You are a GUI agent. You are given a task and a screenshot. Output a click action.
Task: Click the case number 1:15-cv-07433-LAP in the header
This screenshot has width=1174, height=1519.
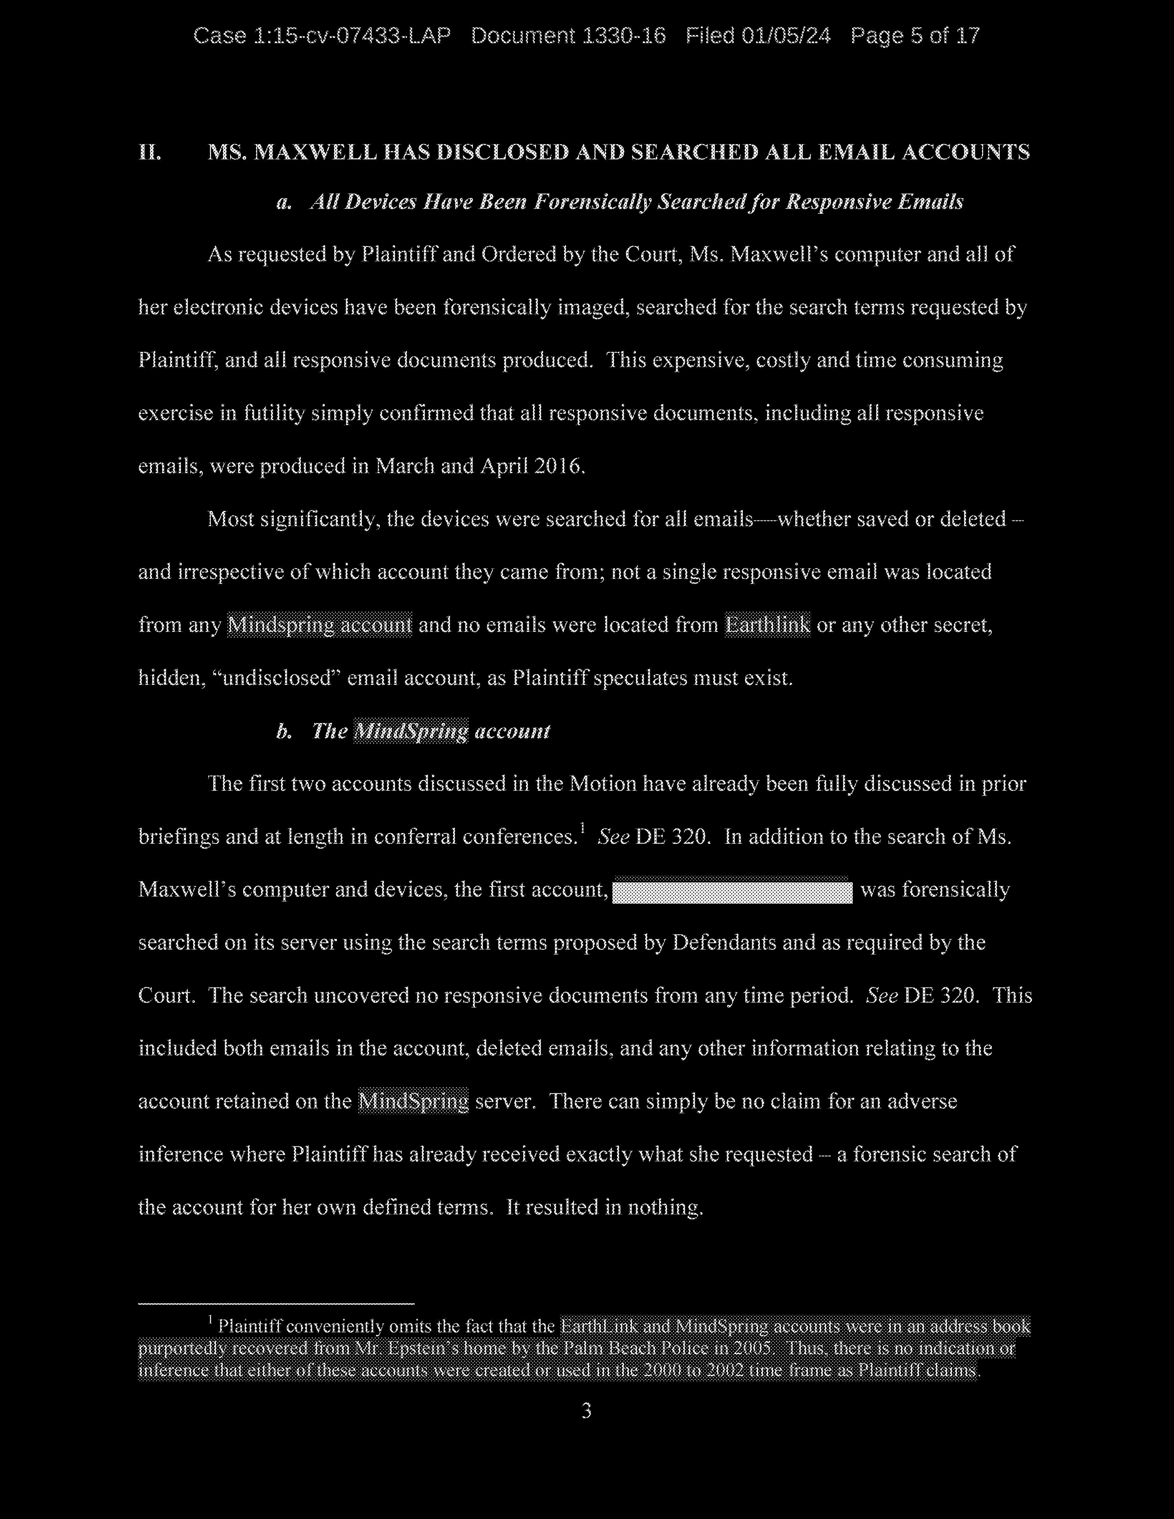[321, 36]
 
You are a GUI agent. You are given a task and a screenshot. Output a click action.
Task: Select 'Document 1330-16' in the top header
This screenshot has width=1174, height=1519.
[568, 36]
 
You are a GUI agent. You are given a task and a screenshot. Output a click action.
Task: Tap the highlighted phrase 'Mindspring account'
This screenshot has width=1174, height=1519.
[320, 625]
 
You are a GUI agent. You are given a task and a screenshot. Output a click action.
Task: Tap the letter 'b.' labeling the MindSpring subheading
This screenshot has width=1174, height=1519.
[283, 732]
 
